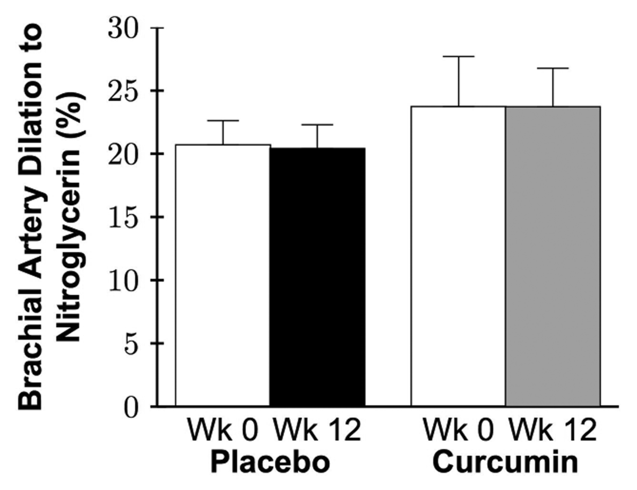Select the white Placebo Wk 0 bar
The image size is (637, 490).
tap(223, 275)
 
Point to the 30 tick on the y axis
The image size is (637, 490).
tap(128, 28)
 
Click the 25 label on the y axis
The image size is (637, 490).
tap(128, 91)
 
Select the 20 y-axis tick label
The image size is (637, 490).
tap(128, 154)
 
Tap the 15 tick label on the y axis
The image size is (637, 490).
tap(128, 217)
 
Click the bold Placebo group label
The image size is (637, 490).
tap(271, 462)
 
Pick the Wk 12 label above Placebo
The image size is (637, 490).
tap(317, 431)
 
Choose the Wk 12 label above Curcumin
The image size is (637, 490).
tap(552, 431)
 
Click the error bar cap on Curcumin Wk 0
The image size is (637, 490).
tap(459, 56)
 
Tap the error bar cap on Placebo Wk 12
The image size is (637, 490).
tap(317, 125)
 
